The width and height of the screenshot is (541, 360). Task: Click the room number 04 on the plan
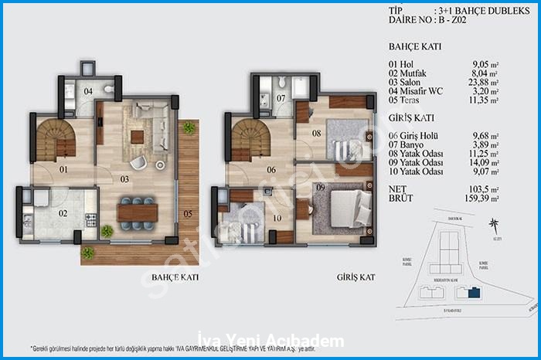pos(88,92)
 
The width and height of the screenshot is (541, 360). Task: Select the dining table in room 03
pos(137,211)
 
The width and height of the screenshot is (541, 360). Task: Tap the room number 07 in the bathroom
pos(281,98)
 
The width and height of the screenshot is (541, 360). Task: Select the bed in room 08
pos(338,142)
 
